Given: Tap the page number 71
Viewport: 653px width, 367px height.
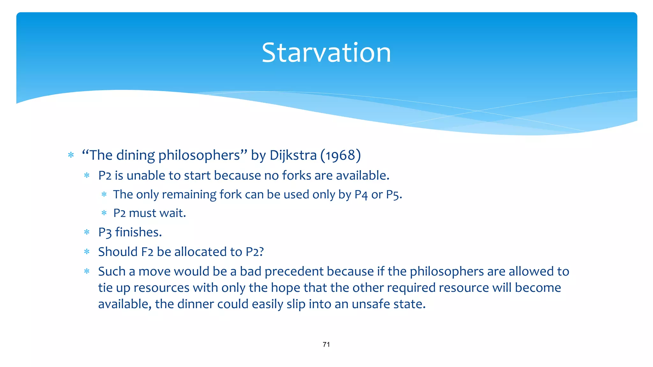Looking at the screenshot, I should click(326, 344).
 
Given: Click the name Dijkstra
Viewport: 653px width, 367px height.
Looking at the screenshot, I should click(293, 155).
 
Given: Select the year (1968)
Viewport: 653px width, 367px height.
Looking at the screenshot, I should click(341, 155).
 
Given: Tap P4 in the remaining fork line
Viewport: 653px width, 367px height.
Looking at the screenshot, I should click(361, 195).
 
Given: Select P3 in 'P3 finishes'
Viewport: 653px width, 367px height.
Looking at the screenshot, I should click(105, 233).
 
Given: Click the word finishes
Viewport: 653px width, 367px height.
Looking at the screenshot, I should click(138, 232).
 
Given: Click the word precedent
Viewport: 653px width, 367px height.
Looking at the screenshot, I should click(294, 272).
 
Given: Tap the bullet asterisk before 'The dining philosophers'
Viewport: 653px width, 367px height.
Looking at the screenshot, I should click(71, 155).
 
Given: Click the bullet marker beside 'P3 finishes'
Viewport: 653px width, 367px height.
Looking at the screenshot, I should click(87, 233).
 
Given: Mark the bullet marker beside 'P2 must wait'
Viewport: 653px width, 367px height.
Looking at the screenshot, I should click(104, 213).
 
